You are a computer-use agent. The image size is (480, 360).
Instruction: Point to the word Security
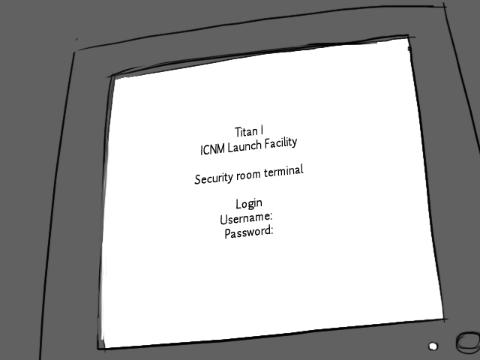coord(213,178)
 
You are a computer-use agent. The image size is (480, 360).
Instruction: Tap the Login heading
coord(248,203)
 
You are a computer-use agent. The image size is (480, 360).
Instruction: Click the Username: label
coord(246,217)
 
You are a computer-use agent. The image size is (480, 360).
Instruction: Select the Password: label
coord(249,232)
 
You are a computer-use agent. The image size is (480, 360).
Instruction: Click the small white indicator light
coord(433,346)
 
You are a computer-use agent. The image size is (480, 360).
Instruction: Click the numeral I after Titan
coord(262,130)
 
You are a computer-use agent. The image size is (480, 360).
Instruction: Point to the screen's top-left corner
coord(113,76)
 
